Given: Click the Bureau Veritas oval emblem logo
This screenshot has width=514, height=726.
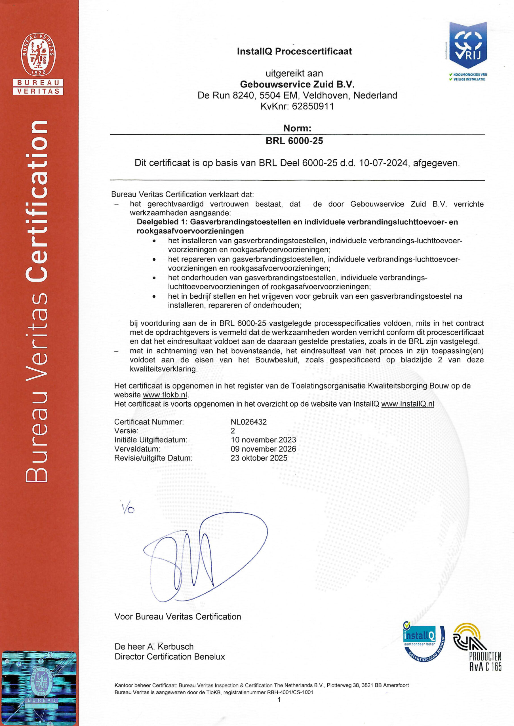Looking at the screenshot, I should click(x=38, y=54).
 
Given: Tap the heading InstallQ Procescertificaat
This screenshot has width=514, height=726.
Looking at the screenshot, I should click(x=294, y=51).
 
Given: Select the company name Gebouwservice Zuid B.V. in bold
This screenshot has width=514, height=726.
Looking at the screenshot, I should click(x=297, y=85).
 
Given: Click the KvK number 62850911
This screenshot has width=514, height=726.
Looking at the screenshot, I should click(x=313, y=106).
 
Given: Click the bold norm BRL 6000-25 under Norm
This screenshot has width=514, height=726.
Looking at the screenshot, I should click(x=294, y=141).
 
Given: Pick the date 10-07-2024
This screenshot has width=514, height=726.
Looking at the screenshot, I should click(x=383, y=163).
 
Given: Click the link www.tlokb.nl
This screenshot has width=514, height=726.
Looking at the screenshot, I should click(x=165, y=395).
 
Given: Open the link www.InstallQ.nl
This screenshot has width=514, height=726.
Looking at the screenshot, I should click(x=407, y=404).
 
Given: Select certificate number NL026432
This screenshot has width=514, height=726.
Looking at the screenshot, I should click(x=249, y=422).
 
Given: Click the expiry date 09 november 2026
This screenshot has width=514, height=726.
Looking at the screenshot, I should click(x=263, y=449).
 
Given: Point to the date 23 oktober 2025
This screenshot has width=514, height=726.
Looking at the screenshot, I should click(x=259, y=458).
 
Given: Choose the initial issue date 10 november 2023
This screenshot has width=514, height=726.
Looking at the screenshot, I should click(x=263, y=440).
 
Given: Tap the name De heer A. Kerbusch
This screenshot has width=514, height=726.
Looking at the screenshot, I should click(x=154, y=647).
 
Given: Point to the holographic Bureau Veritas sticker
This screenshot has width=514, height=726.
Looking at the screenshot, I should click(x=39, y=688).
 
